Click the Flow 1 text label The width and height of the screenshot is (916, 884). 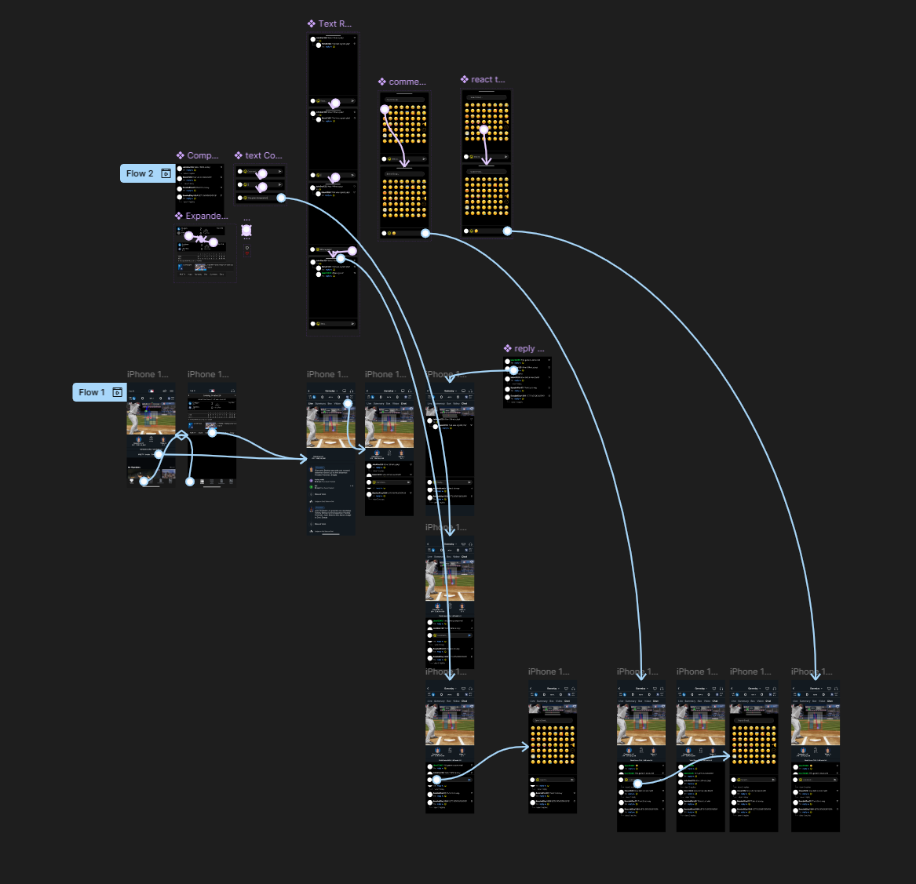[92, 392]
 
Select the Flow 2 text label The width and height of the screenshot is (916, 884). [140, 173]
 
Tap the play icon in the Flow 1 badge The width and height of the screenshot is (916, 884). [118, 392]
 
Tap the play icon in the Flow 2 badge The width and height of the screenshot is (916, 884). [166, 173]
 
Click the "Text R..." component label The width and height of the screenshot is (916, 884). [335, 24]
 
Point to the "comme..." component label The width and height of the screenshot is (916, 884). [407, 82]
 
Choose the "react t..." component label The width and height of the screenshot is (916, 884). [488, 79]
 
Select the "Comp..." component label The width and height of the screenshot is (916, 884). [203, 155]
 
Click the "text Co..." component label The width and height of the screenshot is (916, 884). [264, 155]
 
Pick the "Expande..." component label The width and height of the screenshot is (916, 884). [206, 216]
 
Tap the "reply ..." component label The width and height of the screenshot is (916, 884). [529, 348]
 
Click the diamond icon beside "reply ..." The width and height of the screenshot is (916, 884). [508, 348]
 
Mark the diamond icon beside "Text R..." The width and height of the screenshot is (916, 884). [312, 24]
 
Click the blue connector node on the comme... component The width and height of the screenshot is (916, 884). [425, 233]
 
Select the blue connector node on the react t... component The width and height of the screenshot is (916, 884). [507, 231]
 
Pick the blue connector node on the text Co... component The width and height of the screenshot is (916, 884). [281, 198]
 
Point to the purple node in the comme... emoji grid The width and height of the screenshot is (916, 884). [385, 110]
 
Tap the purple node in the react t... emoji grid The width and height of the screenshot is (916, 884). [484, 130]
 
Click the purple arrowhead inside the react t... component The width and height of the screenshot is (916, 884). [487, 162]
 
